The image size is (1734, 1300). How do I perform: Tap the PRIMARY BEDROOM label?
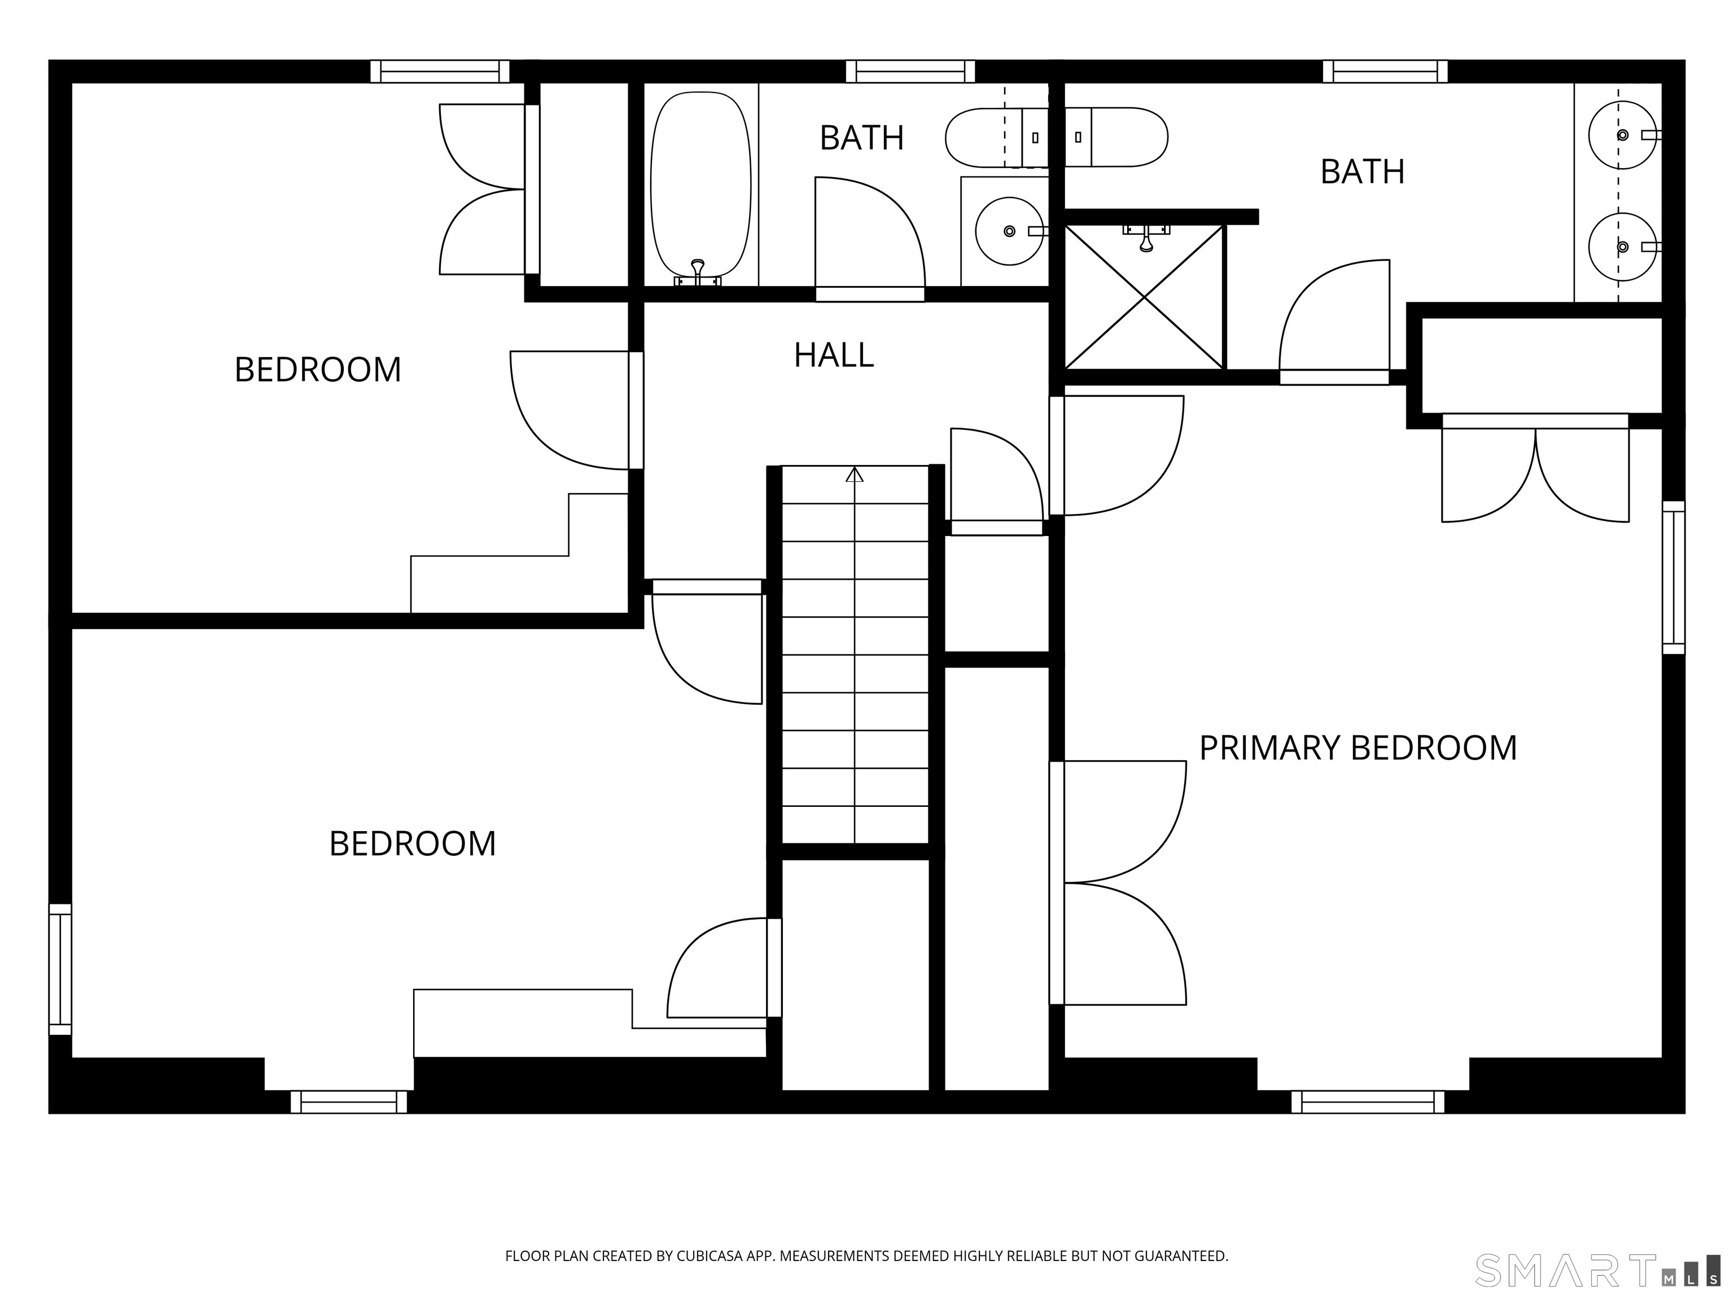tap(1358, 748)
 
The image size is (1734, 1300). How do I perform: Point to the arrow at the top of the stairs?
tap(855, 475)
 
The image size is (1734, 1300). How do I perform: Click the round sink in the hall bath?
tap(1009, 231)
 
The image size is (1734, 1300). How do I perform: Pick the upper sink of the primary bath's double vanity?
tap(1622, 135)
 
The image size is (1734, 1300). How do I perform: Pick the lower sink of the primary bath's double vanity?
tap(1622, 247)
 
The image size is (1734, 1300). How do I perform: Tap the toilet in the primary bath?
tap(1117, 137)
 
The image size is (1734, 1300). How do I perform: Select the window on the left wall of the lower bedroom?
tap(60, 969)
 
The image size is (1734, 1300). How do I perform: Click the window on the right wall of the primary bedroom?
tap(1673, 578)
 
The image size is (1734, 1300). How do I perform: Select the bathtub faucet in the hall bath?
tap(698, 272)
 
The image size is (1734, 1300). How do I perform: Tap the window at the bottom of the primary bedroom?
tap(1367, 1102)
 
